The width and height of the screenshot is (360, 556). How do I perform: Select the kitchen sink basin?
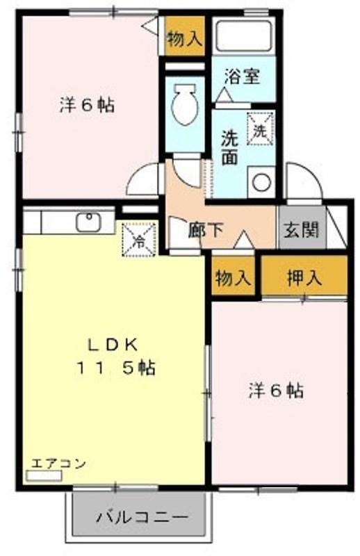pyautogui.click(x=88, y=222)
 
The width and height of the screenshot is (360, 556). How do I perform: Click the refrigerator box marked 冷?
pyautogui.click(x=139, y=239)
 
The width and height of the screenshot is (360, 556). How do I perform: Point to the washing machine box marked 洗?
pyautogui.click(x=261, y=129)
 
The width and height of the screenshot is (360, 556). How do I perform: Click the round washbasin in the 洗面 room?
pyautogui.click(x=262, y=182)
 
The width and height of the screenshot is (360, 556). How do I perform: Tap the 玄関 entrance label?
pyautogui.click(x=301, y=230)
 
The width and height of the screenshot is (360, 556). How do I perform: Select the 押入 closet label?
pyautogui.click(x=304, y=277)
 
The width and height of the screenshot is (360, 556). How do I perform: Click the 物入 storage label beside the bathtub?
pyautogui.click(x=185, y=39)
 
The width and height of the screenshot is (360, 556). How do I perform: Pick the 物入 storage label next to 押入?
pyautogui.click(x=234, y=277)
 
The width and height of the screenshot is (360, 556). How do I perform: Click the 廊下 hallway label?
pyautogui.click(x=206, y=231)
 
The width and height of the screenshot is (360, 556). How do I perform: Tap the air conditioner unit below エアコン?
pyautogui.click(x=44, y=475)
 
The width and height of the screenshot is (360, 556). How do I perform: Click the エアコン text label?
pyautogui.click(x=58, y=464)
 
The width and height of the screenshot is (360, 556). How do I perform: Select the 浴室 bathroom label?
pyautogui.click(x=243, y=76)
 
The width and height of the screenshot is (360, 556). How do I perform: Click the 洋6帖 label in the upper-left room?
pyautogui.click(x=87, y=106)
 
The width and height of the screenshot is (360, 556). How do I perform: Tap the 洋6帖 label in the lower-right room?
pyautogui.click(x=277, y=391)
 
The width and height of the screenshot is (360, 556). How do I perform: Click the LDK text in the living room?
pyautogui.click(x=113, y=345)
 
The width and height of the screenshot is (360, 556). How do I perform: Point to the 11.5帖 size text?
pyautogui.click(x=115, y=368)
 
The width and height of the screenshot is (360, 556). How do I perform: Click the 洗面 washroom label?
pyautogui.click(x=230, y=148)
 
